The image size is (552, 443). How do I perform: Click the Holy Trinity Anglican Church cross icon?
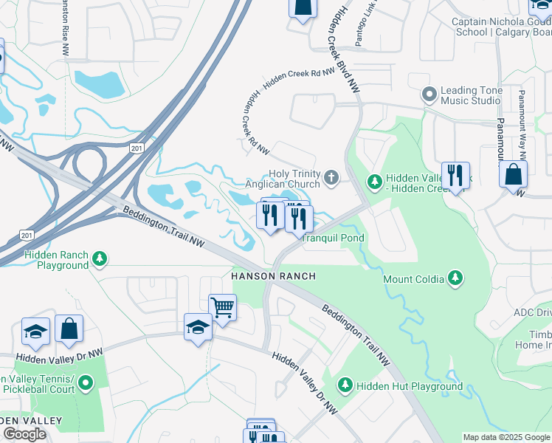tap(331, 178)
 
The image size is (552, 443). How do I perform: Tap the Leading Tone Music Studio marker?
tap(429, 95)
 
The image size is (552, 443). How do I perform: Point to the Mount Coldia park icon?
tap(457, 278)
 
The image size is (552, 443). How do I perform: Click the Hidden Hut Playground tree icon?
tap(345, 385)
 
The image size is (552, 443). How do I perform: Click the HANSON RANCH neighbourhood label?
tap(274, 276)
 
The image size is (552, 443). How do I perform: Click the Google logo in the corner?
tap(24, 434)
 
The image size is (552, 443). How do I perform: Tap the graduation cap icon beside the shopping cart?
tap(198, 327)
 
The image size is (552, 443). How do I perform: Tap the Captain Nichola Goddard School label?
tap(502, 27)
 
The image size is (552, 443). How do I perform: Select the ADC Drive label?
tap(533, 313)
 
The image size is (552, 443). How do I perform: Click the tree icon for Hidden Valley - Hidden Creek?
tap(375, 181)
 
